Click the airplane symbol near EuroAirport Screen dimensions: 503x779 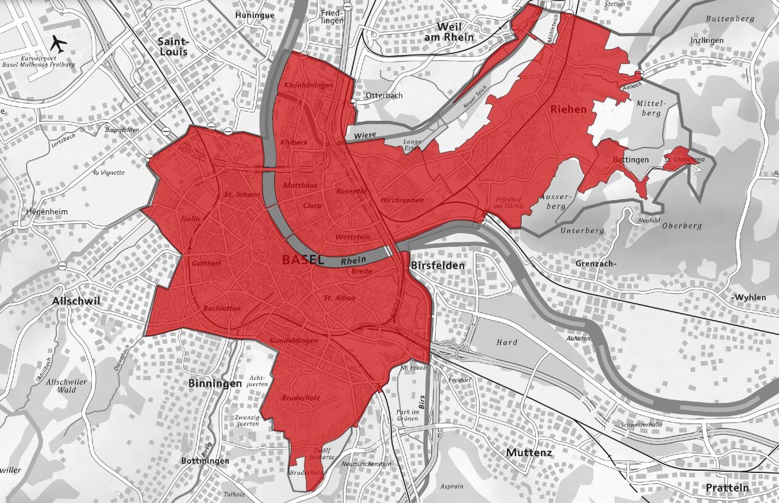click(x=57, y=43)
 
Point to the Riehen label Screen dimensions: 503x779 click(x=568, y=109)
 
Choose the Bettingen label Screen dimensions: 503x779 click(x=630, y=160)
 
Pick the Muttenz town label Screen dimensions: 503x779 click(x=528, y=452)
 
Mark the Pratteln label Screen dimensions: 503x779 click(x=727, y=488)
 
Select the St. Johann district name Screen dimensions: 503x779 click(x=242, y=195)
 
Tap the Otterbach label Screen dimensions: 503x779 click(x=384, y=95)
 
